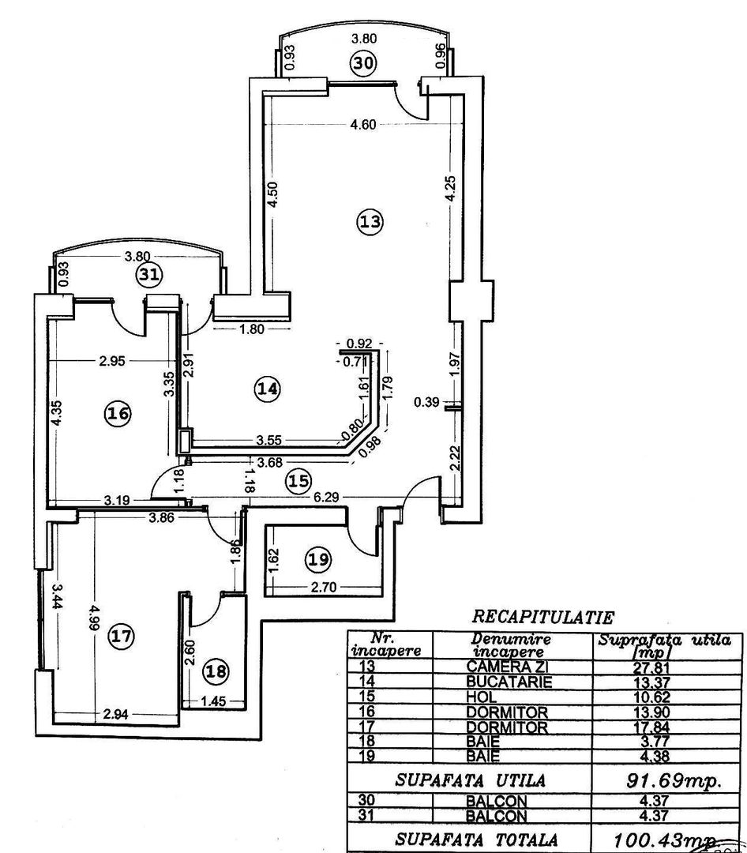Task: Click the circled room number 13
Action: tap(370, 223)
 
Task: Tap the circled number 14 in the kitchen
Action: tap(268, 388)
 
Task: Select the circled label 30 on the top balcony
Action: tap(366, 63)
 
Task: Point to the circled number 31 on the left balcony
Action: tap(148, 275)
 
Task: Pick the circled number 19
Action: tap(317, 560)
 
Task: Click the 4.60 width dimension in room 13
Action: tap(364, 122)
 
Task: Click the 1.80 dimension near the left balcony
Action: tap(251, 330)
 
